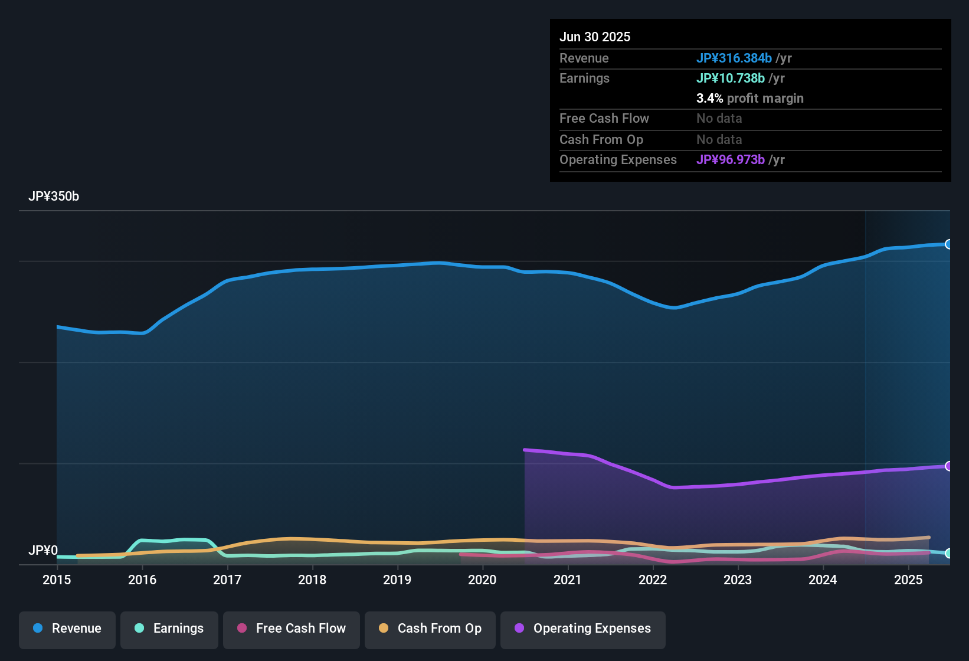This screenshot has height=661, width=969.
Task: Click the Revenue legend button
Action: coord(67,629)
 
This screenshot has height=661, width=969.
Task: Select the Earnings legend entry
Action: coord(169,629)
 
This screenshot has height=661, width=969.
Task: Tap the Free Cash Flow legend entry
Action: coord(292,629)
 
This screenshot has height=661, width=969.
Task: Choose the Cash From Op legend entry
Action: coord(430,629)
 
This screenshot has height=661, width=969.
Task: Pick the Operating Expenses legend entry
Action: coord(583,629)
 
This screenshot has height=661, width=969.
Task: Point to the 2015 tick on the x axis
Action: coord(57,580)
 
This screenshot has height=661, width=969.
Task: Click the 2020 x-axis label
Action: coord(482,580)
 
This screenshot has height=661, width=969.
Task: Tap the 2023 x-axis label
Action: coord(738,580)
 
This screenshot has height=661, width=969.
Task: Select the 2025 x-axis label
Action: coord(908,580)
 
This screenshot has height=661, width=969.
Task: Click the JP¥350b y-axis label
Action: coord(54,197)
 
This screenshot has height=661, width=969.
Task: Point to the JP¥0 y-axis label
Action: coord(43,551)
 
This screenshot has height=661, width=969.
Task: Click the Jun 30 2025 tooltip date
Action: coord(595,37)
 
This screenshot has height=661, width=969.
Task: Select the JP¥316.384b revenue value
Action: coord(734,58)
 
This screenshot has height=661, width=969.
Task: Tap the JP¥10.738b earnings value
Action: coord(731,78)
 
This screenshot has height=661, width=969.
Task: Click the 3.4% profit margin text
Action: coord(749,99)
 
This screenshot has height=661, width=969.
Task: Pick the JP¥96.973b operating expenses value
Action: coord(731,160)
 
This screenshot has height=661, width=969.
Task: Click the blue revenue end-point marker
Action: coord(948,244)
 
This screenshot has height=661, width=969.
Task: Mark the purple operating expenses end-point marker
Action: coord(948,466)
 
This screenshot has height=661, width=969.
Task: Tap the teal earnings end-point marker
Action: coord(948,554)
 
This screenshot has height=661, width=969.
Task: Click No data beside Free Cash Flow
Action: coord(719,119)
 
